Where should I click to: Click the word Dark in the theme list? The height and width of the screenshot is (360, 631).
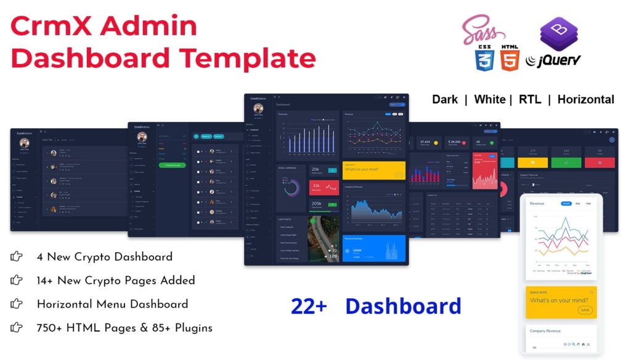tap(444, 99)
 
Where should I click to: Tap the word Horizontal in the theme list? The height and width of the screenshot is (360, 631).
tap(585, 99)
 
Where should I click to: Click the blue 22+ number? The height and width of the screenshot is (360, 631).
tap(309, 306)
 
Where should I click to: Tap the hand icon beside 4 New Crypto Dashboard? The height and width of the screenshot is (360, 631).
tap(17, 257)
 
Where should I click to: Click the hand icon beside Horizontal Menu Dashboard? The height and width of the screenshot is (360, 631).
tap(17, 304)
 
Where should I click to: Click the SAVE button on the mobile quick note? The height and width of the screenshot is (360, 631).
tap(585, 310)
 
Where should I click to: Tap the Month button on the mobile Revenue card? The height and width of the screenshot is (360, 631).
tap(566, 203)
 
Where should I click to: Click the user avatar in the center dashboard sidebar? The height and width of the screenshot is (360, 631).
tap(258, 109)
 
